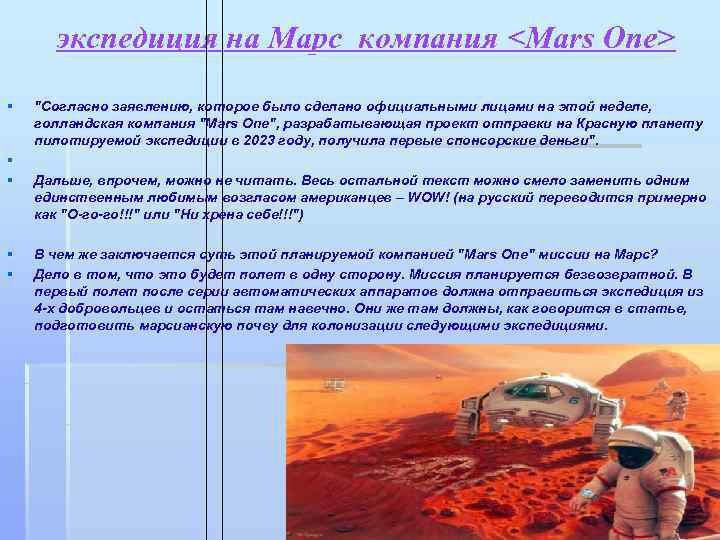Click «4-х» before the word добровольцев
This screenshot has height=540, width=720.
point(47,309)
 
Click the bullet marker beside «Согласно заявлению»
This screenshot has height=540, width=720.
point(8,105)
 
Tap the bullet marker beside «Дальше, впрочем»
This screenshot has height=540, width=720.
point(8,181)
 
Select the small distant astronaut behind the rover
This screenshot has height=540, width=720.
point(679,402)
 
